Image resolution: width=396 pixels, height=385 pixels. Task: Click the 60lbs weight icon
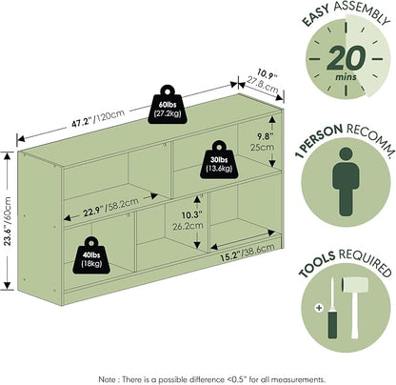[168, 104]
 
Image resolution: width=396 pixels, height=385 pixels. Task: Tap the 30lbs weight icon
[219, 160]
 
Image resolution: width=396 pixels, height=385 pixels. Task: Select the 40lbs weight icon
[91, 255]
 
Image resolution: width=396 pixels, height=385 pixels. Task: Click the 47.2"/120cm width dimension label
[98, 119]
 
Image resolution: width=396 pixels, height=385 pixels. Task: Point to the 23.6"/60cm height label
[8, 221]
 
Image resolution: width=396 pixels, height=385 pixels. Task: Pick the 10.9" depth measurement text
[267, 75]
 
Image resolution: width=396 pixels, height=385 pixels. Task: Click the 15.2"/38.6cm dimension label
[247, 253]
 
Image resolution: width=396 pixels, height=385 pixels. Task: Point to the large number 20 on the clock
[346, 58]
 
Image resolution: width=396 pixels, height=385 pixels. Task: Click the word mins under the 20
[346, 77]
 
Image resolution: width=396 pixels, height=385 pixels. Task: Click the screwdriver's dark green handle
[332, 324]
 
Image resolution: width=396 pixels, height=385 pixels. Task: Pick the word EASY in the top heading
[316, 16]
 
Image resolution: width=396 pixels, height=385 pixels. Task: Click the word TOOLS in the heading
[317, 264]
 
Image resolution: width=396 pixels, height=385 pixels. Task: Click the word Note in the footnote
[107, 379]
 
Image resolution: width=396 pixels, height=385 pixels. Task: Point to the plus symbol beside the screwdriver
[319, 308]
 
